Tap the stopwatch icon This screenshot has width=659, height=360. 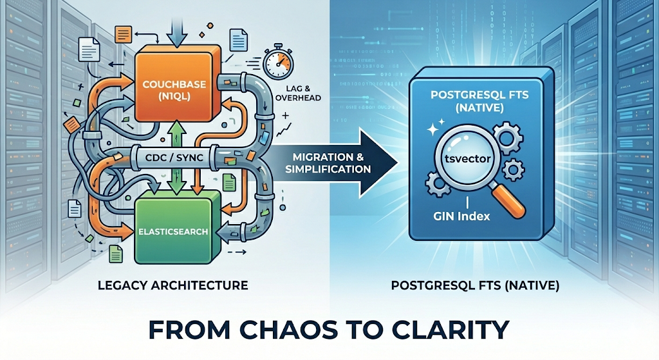point(277,62)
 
